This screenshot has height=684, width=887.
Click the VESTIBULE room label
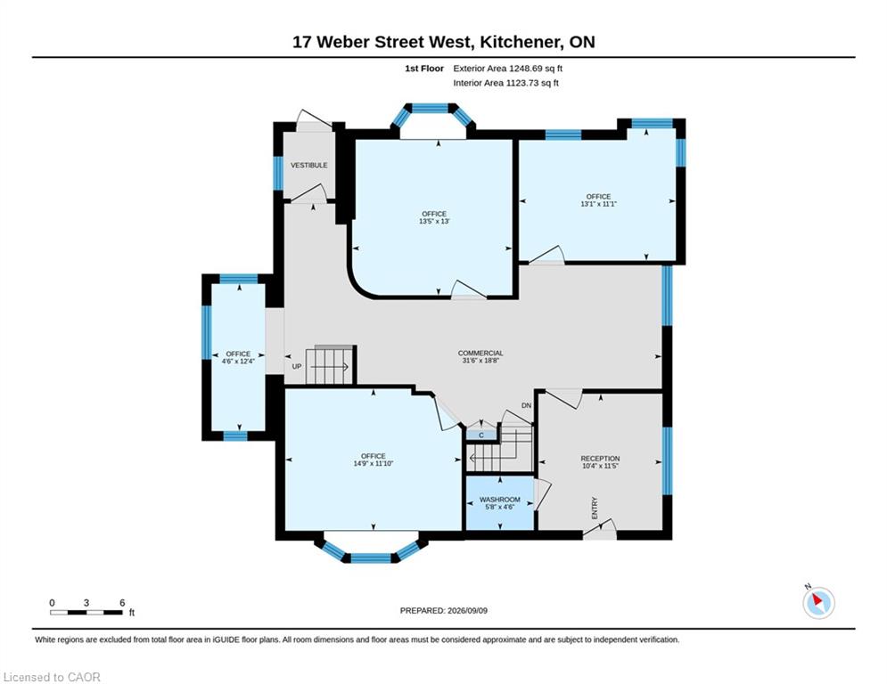pyautogui.click(x=308, y=165)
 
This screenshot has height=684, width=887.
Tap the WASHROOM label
pyautogui.click(x=499, y=500)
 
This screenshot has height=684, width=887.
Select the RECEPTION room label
pyautogui.click(x=600, y=459)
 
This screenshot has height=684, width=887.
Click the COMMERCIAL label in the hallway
pyautogui.click(x=480, y=354)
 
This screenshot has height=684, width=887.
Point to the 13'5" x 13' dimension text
pyautogui.click(x=434, y=222)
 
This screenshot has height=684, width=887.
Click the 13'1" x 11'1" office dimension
pyautogui.click(x=598, y=204)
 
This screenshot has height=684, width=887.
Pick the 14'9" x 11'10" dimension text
pyautogui.click(x=374, y=463)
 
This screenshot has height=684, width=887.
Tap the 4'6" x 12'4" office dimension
pyautogui.click(x=238, y=361)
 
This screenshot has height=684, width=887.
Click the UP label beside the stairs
pyautogui.click(x=297, y=366)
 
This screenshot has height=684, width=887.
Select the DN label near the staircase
pyautogui.click(x=527, y=405)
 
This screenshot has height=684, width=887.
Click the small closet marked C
pyautogui.click(x=481, y=436)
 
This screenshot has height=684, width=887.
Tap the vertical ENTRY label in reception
pyautogui.click(x=595, y=509)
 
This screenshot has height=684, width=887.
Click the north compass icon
pyautogui.click(x=818, y=603)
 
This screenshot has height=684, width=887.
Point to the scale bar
pyautogui.click(x=86, y=612)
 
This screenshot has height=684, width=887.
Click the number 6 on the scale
pyautogui.click(x=122, y=603)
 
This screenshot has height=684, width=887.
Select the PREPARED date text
pyautogui.click(x=444, y=610)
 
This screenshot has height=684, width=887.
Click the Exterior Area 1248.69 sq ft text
pyautogui.click(x=507, y=69)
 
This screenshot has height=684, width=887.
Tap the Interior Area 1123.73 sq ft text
pyautogui.click(x=505, y=83)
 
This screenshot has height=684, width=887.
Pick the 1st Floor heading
pyautogui.click(x=424, y=69)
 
